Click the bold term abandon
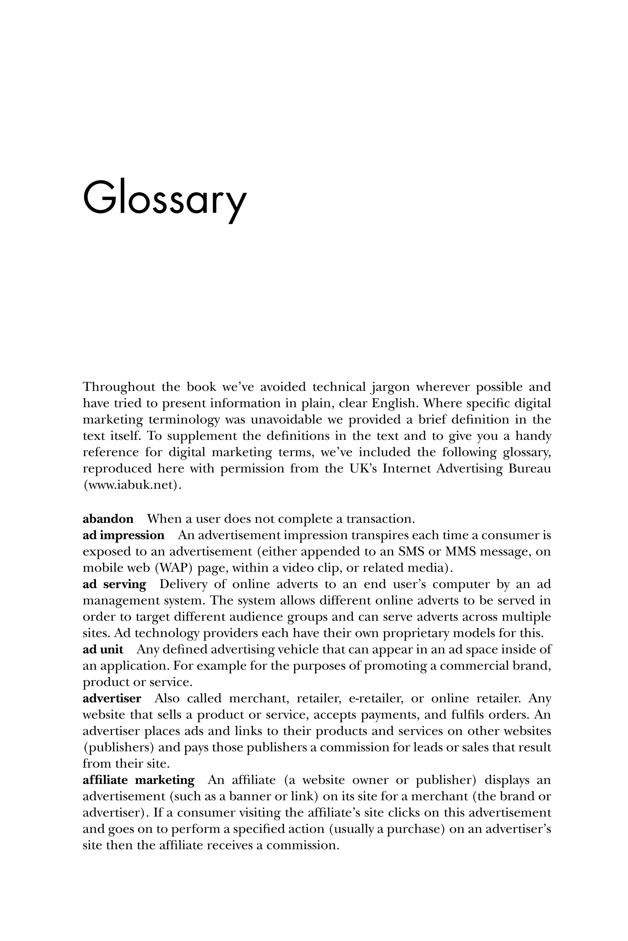click(x=108, y=519)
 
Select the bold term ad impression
click(x=123, y=536)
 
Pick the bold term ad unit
click(x=103, y=649)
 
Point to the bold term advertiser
click(x=112, y=698)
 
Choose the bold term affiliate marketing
click(x=138, y=780)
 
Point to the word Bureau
click(x=530, y=468)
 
